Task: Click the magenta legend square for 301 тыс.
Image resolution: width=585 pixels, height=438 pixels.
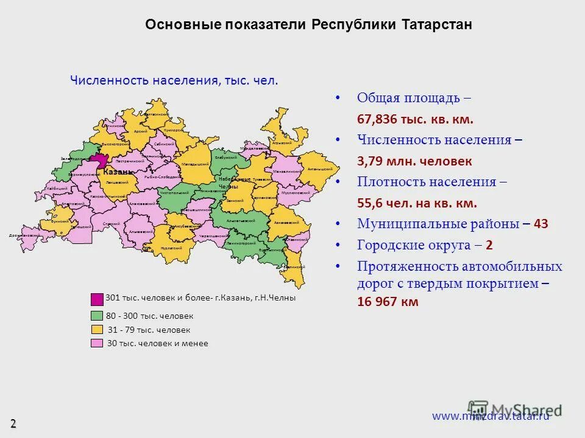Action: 97,299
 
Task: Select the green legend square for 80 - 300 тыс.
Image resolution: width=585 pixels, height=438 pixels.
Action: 97,316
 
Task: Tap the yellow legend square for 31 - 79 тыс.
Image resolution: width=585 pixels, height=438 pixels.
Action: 97,330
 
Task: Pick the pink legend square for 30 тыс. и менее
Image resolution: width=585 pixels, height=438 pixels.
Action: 97,344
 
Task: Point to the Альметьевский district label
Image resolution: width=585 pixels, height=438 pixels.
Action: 240,220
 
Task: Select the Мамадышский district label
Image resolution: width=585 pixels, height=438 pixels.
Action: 195,164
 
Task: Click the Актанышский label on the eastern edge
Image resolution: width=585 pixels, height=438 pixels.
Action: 319,169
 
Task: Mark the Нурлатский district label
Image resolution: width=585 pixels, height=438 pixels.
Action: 171,248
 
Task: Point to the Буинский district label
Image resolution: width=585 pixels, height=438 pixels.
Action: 60,222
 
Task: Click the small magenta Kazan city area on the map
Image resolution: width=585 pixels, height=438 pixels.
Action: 99,159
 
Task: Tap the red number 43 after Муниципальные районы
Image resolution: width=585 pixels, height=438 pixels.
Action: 541,224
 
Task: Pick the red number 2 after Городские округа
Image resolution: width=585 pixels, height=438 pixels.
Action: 489,245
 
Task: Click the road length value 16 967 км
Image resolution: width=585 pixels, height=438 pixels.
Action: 388,302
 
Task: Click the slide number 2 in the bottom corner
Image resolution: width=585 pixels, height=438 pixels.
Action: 13,423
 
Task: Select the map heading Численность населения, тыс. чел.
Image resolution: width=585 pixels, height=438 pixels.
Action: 174,80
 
